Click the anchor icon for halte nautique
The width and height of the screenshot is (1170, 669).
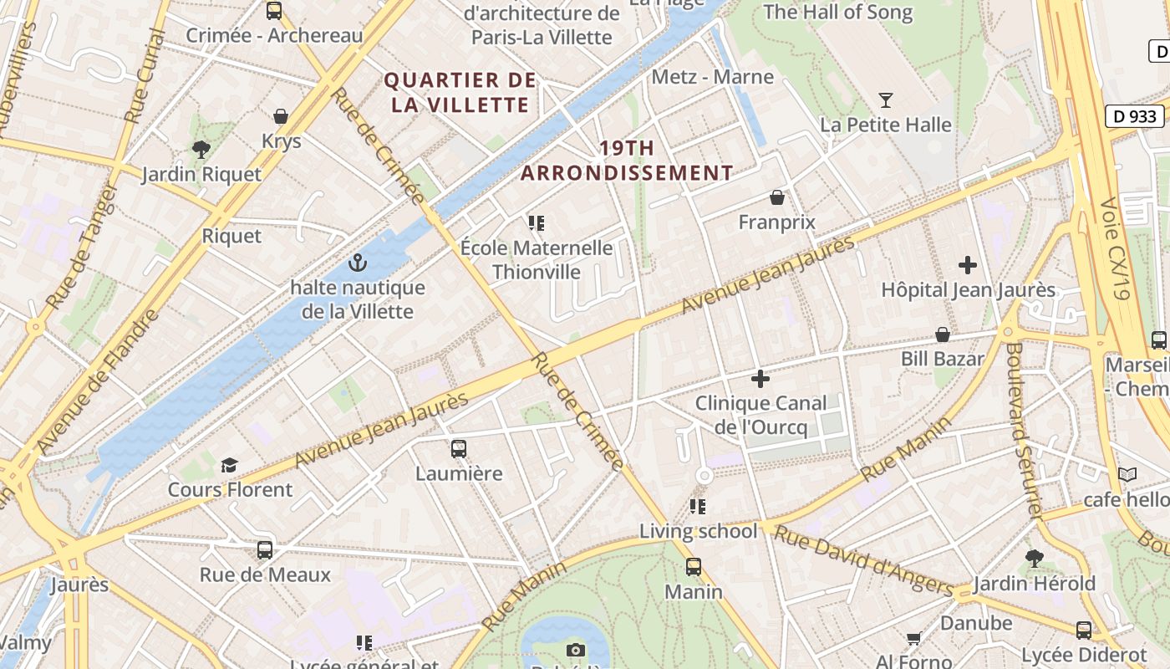pyautogui.click(x=358, y=263)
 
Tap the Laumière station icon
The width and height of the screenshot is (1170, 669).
pyautogui.click(x=459, y=449)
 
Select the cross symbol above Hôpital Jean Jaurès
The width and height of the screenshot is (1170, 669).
pyautogui.click(x=968, y=266)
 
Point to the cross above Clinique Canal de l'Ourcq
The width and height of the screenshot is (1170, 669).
pyautogui.click(x=760, y=379)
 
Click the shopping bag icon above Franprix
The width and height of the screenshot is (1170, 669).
pyautogui.click(x=777, y=197)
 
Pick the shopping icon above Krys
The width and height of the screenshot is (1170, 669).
pyautogui.click(x=281, y=116)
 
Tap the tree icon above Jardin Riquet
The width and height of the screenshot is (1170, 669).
pyautogui.click(x=201, y=150)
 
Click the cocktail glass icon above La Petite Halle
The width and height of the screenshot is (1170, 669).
pyautogui.click(x=886, y=100)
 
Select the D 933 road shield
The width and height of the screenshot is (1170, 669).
pyautogui.click(x=1136, y=116)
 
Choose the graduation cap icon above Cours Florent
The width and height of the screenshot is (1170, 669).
pyautogui.click(x=229, y=465)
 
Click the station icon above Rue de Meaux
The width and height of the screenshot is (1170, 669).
pyautogui.click(x=265, y=550)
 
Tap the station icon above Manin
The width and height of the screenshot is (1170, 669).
pyautogui.click(x=694, y=567)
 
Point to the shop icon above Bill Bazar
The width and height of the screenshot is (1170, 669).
pyautogui.click(x=943, y=334)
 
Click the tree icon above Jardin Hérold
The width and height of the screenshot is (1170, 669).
pyautogui.click(x=1035, y=558)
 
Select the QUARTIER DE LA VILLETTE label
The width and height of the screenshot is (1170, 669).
pyautogui.click(x=460, y=93)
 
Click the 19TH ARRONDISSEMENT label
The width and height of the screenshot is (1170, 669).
pyautogui.click(x=627, y=161)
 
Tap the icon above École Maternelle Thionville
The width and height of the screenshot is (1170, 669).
pyautogui.click(x=536, y=223)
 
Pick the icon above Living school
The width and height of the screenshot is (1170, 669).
pyautogui.click(x=698, y=506)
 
